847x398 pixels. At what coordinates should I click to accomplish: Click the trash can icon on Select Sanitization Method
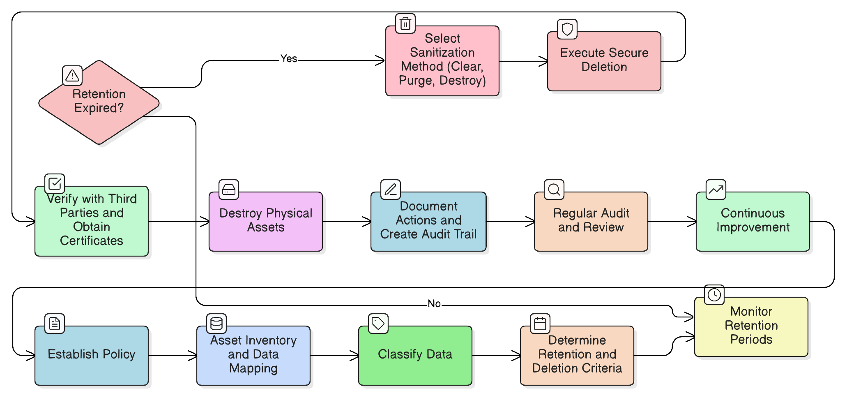pos(405,24)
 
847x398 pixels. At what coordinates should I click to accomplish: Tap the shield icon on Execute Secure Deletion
pos(567,30)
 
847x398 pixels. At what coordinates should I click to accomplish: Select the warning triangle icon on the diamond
pos(72,76)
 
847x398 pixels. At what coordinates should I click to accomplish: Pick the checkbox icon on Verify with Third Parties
pos(55,184)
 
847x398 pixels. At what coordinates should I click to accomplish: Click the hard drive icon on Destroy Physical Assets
pos(229,190)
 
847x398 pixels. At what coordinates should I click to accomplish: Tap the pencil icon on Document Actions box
pos(391,190)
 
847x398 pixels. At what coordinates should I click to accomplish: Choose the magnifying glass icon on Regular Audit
pos(554,190)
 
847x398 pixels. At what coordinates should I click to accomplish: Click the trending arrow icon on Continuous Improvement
pos(716,190)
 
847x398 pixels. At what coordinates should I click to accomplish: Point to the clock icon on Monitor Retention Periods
pos(714,295)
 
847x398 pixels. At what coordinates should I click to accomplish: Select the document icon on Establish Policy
pos(55,324)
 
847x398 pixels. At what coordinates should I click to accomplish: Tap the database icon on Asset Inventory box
pos(216,324)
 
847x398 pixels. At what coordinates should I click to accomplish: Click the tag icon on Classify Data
pos(378,324)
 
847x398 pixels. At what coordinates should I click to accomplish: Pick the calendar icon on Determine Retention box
pos(540,324)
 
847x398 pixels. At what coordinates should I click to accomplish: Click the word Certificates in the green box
pos(92,241)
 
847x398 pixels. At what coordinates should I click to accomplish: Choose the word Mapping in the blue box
pos(253,368)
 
